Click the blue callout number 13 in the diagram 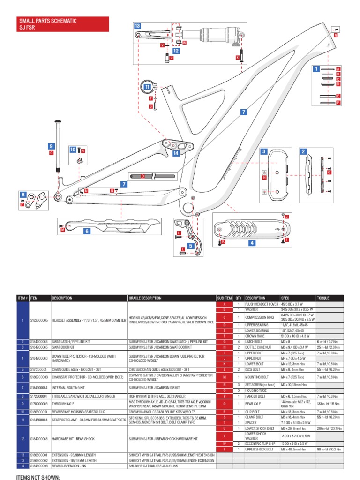pos(137,26)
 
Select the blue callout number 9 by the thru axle pos(51,147)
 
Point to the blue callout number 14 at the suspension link pos(176,153)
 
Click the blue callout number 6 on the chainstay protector pos(87,231)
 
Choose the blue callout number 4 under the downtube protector pos(252,243)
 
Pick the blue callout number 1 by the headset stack pos(316,69)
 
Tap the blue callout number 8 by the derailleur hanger pos(23,195)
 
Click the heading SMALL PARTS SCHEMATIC pos(47,21)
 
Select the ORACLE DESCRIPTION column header pos(145,298)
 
